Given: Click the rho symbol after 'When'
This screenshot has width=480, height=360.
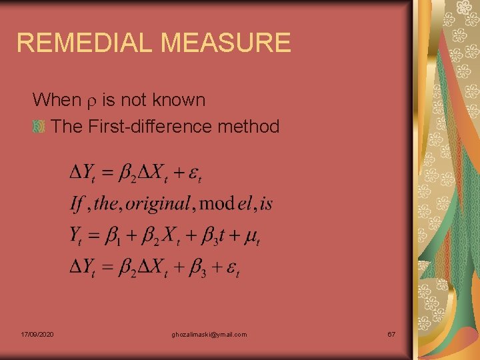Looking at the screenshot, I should point(91,101).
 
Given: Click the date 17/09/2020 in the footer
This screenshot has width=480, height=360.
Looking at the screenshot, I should point(37,334).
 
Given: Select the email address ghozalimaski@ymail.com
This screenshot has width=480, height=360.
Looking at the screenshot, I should point(209,334).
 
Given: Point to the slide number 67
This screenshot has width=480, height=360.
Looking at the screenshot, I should point(391,334).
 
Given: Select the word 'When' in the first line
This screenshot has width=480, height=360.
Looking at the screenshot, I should point(56,100).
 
